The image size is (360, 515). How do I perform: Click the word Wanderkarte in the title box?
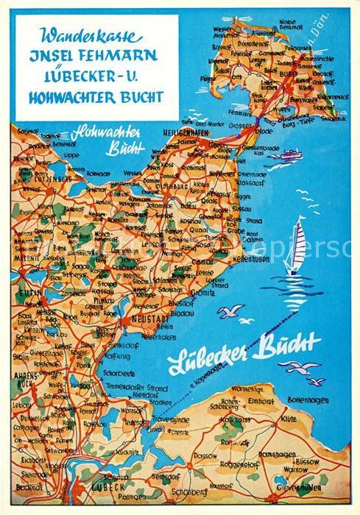(x=82, y=35)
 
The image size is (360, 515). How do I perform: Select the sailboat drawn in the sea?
(x=296, y=247)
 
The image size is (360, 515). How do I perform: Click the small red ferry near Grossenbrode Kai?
(x=290, y=154)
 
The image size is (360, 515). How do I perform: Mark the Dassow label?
(x=206, y=455)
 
